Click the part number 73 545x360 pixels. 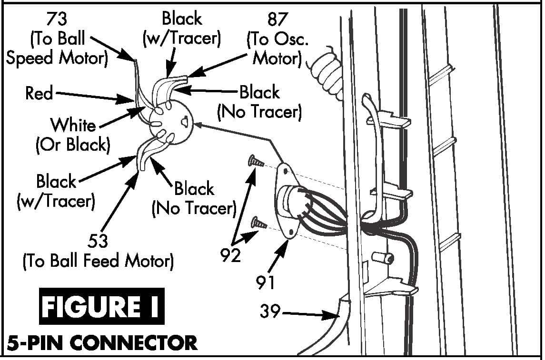tap(56, 19)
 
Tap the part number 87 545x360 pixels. tap(278, 19)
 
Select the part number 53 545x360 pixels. tap(98, 242)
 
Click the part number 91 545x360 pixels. tap(265, 282)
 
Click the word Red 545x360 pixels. tap(39, 93)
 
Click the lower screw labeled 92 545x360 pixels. tap(259, 222)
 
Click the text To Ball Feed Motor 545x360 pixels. tap(98, 261)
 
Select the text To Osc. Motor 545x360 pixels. tap(277, 49)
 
